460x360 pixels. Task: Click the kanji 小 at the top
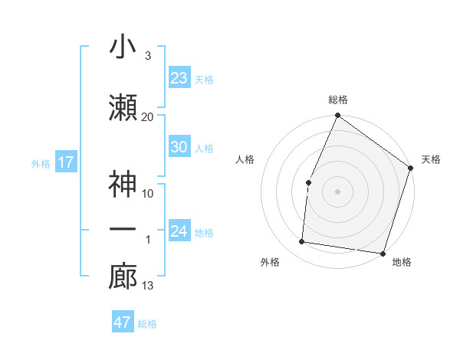pyautogui.click(x=123, y=47)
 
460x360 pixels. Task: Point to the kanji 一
pyautogui.click(x=123, y=229)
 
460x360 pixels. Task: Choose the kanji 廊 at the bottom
pyautogui.click(x=123, y=277)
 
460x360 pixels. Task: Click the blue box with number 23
pyautogui.click(x=179, y=78)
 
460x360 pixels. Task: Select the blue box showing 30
pyautogui.click(x=179, y=147)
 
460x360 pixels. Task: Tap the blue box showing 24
pyautogui.click(x=179, y=231)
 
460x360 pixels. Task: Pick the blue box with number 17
pyautogui.click(x=65, y=162)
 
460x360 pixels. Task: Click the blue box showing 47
pyautogui.click(x=123, y=322)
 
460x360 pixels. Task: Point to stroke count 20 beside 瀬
pyautogui.click(x=147, y=116)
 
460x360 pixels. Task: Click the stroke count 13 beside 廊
pyautogui.click(x=147, y=286)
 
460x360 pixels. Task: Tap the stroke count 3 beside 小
pyautogui.click(x=147, y=56)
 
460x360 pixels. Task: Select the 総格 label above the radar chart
pyautogui.click(x=338, y=100)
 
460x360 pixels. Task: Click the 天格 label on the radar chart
pyautogui.click(x=431, y=159)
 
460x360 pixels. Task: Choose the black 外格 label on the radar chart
pyautogui.click(x=270, y=263)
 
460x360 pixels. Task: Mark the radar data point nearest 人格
pyautogui.click(x=308, y=182)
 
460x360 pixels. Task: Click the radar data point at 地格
pyautogui.click(x=382, y=253)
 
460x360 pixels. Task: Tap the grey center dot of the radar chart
pyautogui.click(x=337, y=191)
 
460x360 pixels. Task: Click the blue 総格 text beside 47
pyautogui.click(x=147, y=323)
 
